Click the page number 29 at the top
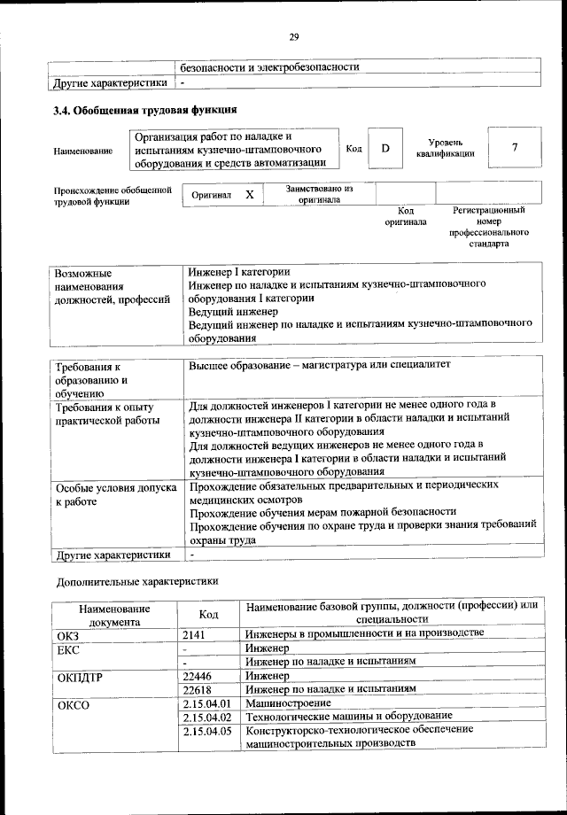(x=293, y=36)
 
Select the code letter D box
(x=385, y=149)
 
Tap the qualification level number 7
(x=514, y=149)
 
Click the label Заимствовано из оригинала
(x=319, y=194)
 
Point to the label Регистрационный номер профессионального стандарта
(x=488, y=227)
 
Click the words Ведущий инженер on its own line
(x=227, y=312)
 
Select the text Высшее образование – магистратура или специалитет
(x=320, y=365)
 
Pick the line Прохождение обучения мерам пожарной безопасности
(x=322, y=511)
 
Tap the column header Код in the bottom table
(x=209, y=615)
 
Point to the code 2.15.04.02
(x=206, y=716)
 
